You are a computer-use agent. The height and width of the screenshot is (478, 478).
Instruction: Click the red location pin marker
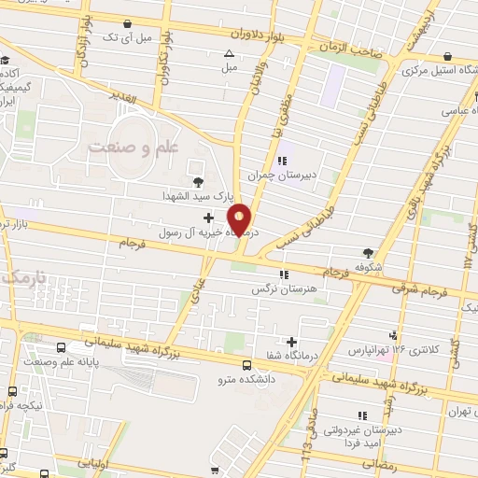coord(240,218)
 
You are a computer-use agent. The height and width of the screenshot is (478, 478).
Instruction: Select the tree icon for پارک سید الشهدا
coord(197,182)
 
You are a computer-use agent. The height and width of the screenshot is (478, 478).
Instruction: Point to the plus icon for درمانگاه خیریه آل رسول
coord(220,217)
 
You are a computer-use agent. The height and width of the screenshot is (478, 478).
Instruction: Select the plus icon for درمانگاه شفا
coord(292,343)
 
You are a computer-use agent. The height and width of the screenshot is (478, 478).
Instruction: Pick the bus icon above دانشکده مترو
coord(246,365)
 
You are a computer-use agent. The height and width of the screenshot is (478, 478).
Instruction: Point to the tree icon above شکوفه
coord(369,251)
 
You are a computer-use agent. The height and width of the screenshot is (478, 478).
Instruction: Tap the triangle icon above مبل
coord(229,53)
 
